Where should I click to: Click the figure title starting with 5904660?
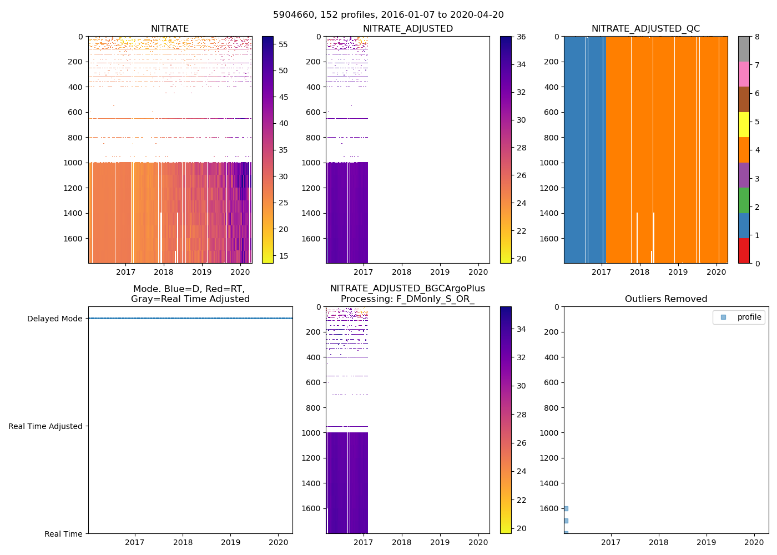[389, 15]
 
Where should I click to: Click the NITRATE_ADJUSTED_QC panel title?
[645, 29]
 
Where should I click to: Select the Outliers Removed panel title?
[666, 299]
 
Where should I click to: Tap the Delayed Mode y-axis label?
[54, 319]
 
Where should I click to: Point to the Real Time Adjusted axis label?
[46, 426]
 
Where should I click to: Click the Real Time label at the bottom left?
[63, 534]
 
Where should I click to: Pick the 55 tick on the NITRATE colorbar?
[283, 44]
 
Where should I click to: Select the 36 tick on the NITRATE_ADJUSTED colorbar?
[521, 37]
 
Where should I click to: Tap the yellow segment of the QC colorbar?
[744, 124]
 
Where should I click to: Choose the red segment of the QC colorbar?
[744, 251]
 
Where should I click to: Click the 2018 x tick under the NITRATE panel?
[164, 272]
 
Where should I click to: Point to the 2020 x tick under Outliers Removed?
[754, 542]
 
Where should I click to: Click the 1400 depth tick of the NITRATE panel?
[75, 213]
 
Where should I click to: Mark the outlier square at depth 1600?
[566, 508]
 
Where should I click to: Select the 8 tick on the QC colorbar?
[757, 37]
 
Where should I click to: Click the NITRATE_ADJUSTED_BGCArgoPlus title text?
[407, 289]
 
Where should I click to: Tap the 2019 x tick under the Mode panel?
[231, 542]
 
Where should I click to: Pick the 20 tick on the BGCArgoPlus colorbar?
[521, 528]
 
